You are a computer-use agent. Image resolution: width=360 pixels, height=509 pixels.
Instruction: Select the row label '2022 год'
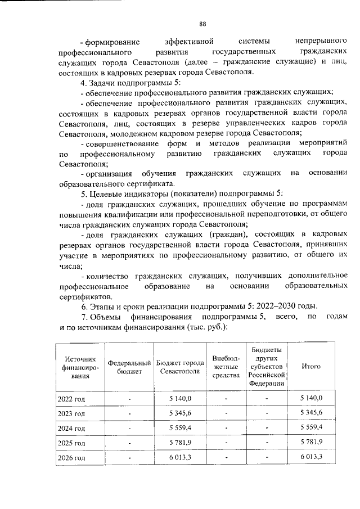click(x=71, y=399)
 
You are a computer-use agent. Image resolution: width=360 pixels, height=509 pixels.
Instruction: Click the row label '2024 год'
click(x=71, y=428)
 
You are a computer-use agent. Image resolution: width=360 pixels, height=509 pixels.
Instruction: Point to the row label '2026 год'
click(x=71, y=458)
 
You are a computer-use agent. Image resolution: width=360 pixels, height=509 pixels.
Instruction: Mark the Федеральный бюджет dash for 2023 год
click(x=129, y=413)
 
